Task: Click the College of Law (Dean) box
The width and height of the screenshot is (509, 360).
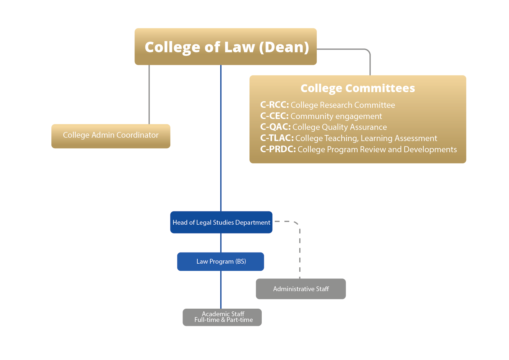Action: click(x=225, y=47)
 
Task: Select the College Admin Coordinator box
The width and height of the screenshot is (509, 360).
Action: click(x=111, y=136)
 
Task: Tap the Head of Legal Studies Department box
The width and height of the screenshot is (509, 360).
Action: click(x=221, y=222)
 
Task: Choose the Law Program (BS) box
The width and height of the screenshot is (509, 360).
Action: click(x=221, y=262)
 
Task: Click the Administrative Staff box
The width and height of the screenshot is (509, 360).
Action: click(x=301, y=289)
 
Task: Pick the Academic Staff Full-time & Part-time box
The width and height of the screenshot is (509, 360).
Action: click(x=222, y=317)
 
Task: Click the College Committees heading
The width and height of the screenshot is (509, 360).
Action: click(x=358, y=88)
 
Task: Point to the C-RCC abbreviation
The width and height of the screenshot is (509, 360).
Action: click(x=274, y=105)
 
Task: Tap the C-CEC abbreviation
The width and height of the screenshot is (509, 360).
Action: click(x=274, y=116)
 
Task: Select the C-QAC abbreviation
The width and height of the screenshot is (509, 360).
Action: click(x=275, y=127)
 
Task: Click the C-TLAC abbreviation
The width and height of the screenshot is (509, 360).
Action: click(x=277, y=138)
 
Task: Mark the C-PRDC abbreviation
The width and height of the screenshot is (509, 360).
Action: click(x=278, y=149)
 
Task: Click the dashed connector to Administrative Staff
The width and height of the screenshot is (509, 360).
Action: click(x=300, y=251)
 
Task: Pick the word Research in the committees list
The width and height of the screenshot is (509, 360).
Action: click(x=336, y=105)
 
